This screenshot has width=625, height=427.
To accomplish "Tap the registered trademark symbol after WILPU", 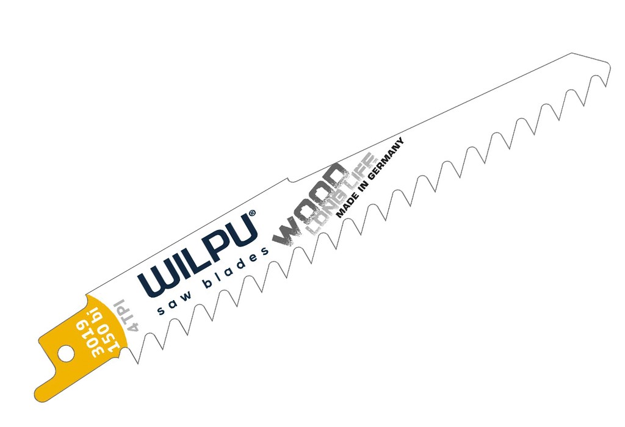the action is click(252, 214).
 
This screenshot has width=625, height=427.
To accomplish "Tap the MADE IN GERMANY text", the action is click(370, 178).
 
